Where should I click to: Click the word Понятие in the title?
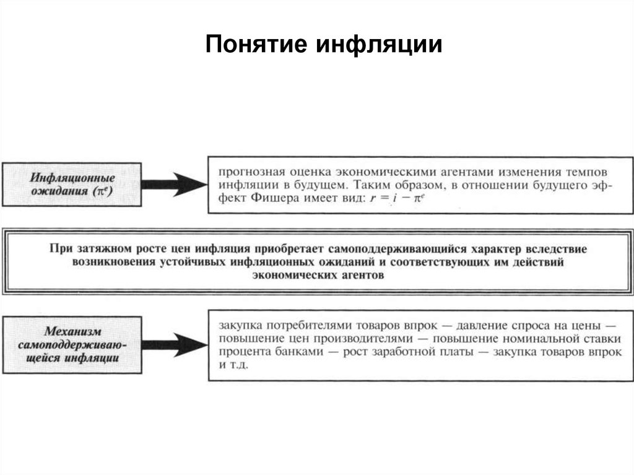coord(256,44)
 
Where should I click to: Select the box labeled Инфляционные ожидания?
coord(72,185)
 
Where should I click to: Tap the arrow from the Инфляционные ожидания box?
coord(175,185)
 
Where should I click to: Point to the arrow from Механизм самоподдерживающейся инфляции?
coord(175,345)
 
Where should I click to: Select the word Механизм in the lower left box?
coord(73,331)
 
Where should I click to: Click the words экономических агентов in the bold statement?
coord(318,276)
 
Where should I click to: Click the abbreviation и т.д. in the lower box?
coord(233,365)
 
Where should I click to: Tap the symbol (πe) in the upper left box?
coord(103,191)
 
